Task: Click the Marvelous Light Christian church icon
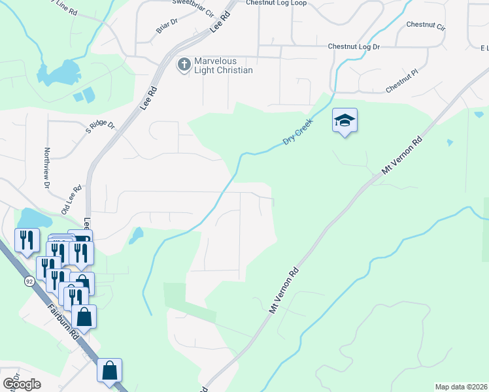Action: [184, 64]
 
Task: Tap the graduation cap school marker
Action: [345, 121]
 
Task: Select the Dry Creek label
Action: [298, 132]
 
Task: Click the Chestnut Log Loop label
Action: [277, 3]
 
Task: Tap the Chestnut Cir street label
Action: [425, 26]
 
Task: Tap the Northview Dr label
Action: [47, 167]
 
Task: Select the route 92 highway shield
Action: [29, 281]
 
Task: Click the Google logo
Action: [21, 384]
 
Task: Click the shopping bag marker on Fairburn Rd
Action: [110, 371]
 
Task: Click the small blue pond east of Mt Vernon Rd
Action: [449, 142]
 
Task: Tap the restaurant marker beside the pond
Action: [27, 240]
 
